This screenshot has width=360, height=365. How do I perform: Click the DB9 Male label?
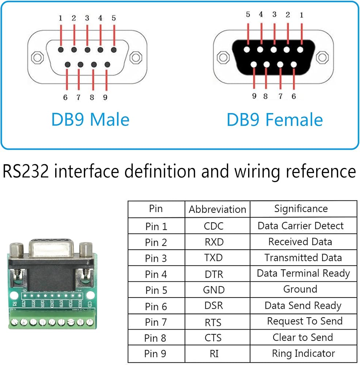click(90, 119)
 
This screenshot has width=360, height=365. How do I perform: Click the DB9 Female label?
click(275, 120)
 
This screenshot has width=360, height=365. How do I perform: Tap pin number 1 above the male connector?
click(60, 18)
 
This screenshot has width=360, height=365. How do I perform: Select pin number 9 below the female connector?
click(254, 96)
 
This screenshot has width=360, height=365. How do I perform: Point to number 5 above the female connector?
click(248, 15)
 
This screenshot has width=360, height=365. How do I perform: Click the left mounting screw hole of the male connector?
click(37, 57)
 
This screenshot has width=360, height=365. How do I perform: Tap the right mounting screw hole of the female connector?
click(322, 57)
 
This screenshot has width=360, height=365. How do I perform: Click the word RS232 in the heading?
click(26, 171)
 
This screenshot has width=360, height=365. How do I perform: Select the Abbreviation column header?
click(217, 209)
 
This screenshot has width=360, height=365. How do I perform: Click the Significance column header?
click(301, 209)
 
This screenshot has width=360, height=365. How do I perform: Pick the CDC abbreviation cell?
click(213, 226)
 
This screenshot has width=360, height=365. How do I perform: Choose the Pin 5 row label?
click(156, 290)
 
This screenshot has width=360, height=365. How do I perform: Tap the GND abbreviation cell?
click(214, 290)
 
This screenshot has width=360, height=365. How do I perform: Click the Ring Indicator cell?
click(303, 353)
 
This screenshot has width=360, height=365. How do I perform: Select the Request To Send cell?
click(305, 321)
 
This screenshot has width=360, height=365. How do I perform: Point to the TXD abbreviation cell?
click(213, 258)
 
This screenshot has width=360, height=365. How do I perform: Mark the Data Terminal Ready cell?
click(303, 273)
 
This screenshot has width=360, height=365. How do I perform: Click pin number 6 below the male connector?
click(65, 97)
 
